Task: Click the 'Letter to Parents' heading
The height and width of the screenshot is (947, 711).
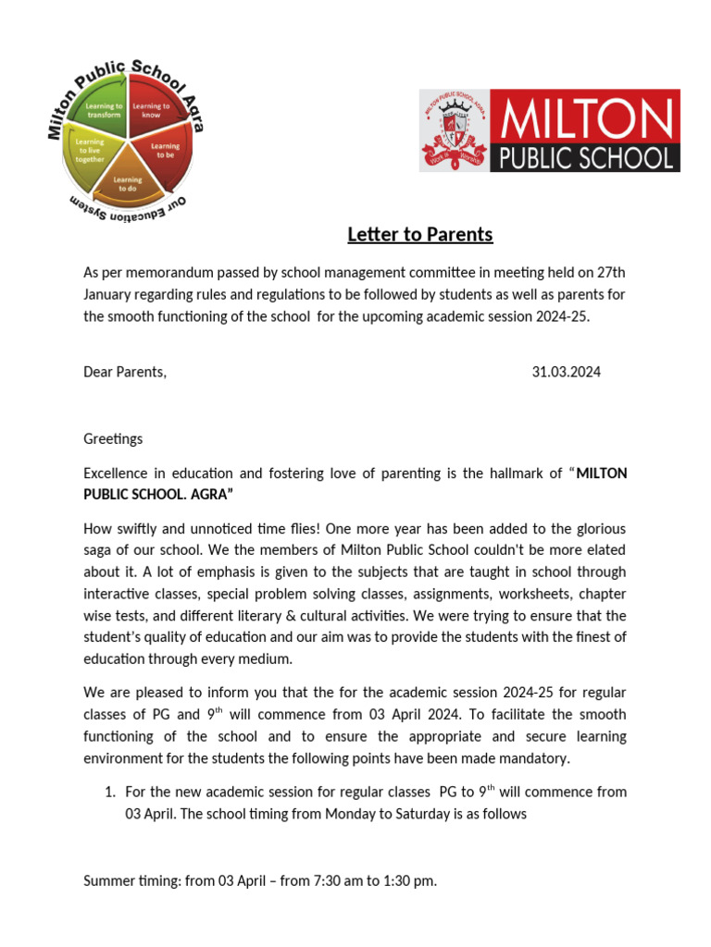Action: tap(419, 235)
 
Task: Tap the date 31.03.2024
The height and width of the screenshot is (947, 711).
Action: tap(566, 372)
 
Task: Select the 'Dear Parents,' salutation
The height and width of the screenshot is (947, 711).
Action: tap(125, 372)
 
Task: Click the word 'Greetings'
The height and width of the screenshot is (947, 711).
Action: tap(113, 438)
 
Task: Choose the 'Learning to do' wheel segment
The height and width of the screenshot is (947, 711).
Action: tap(128, 183)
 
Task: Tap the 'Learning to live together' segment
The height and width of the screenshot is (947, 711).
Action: tap(90, 152)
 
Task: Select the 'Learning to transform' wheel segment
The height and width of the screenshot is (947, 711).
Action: tap(105, 112)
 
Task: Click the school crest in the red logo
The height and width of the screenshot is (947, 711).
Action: tap(455, 131)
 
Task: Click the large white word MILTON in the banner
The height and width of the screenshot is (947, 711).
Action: tap(587, 118)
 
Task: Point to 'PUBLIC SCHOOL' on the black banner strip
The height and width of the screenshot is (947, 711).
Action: tap(587, 157)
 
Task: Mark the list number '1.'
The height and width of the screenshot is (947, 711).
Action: tap(109, 792)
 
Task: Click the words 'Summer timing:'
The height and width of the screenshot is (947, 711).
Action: tap(131, 881)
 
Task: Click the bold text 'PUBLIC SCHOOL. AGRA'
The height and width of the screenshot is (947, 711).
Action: tap(158, 496)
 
